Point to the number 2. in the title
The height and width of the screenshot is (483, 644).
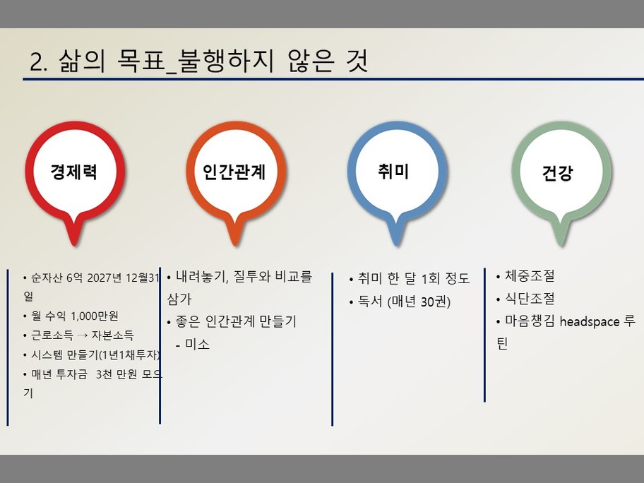click(x=39, y=61)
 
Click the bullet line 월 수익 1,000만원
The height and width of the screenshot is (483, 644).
click(x=74, y=316)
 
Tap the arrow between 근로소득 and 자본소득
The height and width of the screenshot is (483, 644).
click(x=82, y=335)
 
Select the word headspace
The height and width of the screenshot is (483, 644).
click(x=590, y=321)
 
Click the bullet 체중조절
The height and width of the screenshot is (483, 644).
click(x=530, y=275)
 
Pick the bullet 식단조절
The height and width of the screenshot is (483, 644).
click(x=530, y=298)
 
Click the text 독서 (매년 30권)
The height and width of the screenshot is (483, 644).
click(x=404, y=302)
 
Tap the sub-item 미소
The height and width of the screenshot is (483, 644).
click(x=197, y=344)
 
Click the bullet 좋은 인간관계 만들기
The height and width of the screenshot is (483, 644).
click(x=236, y=321)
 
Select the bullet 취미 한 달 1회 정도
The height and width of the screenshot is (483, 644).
click(x=414, y=278)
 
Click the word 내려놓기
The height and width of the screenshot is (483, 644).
click(x=201, y=276)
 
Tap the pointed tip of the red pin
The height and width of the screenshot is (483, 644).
click(x=74, y=246)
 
